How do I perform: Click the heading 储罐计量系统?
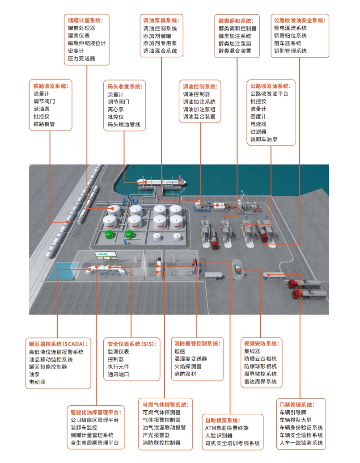(x=85, y=21)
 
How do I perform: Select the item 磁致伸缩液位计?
(x=87, y=43)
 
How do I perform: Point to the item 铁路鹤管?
(x=44, y=124)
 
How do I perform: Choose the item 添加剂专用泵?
(x=160, y=43)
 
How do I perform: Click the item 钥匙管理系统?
(x=290, y=51)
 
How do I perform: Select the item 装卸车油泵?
(x=264, y=139)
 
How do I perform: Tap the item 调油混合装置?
(x=199, y=117)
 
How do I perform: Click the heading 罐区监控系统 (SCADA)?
(x=59, y=344)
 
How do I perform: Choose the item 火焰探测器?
(x=188, y=366)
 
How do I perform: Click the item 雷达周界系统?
(x=260, y=381)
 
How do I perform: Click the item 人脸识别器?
(x=219, y=435)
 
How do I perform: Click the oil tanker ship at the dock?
(x=161, y=182)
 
